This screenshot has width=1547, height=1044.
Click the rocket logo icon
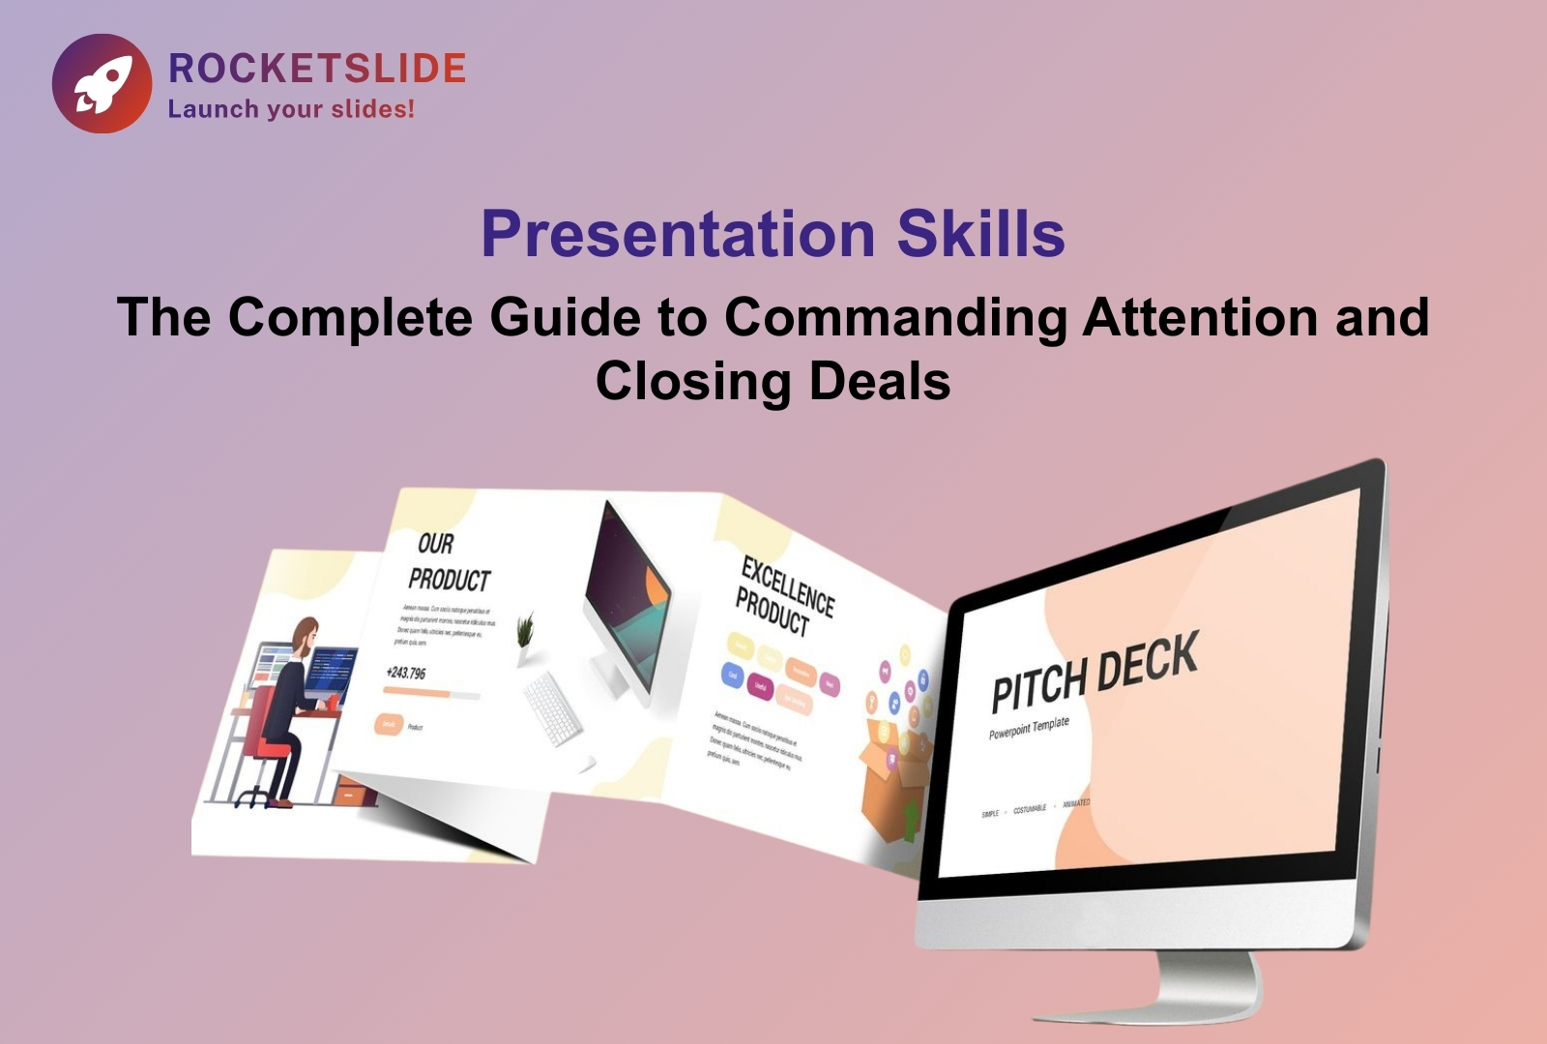[x=102, y=83]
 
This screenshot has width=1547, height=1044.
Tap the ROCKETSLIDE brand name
[x=317, y=69]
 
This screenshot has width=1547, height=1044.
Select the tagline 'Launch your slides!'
[x=291, y=109]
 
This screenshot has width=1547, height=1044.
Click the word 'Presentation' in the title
[x=678, y=234]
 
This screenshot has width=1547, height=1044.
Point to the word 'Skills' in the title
[x=980, y=234]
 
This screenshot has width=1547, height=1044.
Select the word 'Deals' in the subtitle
[x=880, y=380]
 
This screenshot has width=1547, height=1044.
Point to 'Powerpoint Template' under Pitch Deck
[x=1029, y=728]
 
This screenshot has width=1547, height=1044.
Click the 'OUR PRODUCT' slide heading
[x=448, y=562]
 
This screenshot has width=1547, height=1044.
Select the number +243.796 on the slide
[x=405, y=672]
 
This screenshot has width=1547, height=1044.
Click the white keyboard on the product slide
[x=552, y=709]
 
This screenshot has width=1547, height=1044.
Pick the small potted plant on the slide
[x=525, y=634]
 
